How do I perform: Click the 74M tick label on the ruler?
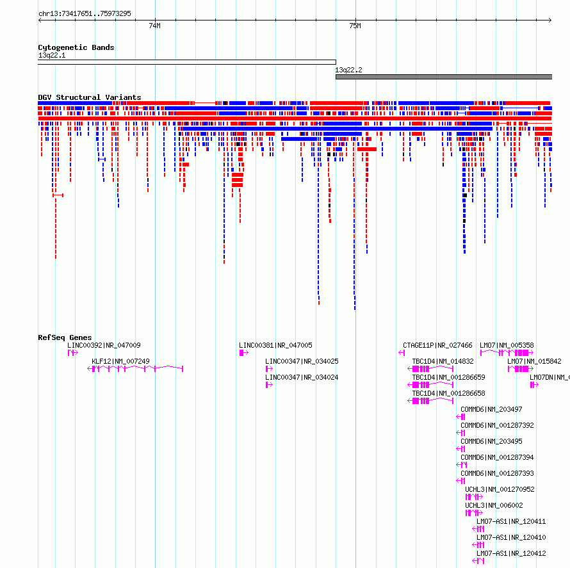tap(154, 26)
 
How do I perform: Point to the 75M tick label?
tap(355, 26)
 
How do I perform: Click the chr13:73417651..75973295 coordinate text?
tap(85, 14)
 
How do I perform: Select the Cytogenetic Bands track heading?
tap(76, 47)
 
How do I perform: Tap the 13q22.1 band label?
tap(52, 56)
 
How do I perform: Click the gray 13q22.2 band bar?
tap(444, 77)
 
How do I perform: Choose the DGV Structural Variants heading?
tap(90, 97)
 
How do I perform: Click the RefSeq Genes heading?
tap(65, 337)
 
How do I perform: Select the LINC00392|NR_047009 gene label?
tap(104, 345)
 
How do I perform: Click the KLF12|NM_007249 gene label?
tap(120, 361)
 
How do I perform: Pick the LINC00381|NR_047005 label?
tap(275, 345)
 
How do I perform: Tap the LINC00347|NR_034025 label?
tap(302, 361)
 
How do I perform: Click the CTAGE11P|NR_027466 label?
tap(437, 345)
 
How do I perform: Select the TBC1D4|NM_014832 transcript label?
tap(443, 361)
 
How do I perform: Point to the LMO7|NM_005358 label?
tap(507, 345)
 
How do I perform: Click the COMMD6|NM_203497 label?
tap(491, 409)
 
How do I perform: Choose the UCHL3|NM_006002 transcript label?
tap(494, 505)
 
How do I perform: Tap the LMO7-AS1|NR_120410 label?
tap(511, 537)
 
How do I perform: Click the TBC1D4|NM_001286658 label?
tap(448, 393)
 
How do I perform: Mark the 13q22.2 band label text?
tap(348, 70)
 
